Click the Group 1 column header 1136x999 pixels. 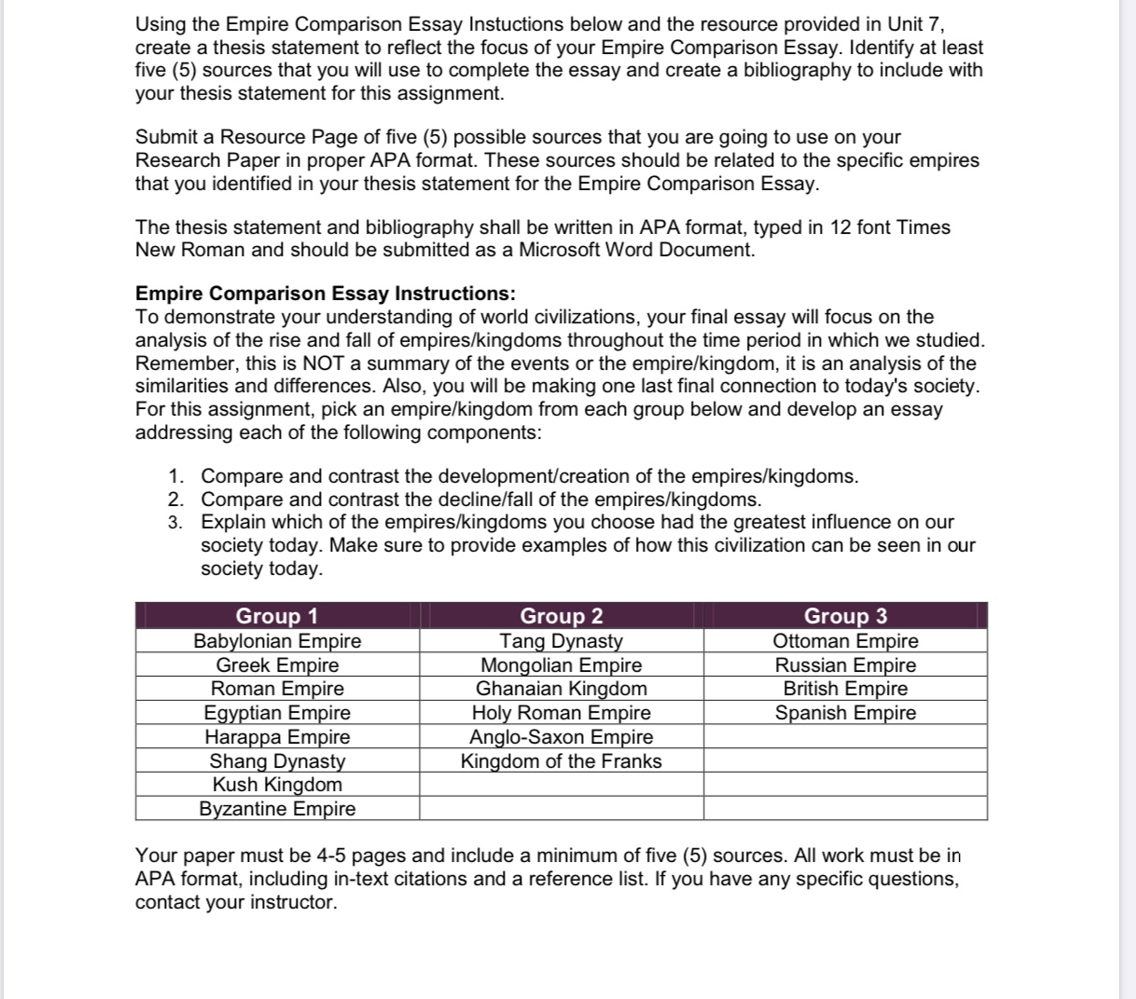(x=277, y=616)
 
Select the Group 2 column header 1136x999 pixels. (x=561, y=616)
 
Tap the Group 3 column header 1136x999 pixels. (x=846, y=616)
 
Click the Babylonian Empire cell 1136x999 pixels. (x=277, y=641)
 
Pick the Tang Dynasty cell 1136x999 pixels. (x=561, y=641)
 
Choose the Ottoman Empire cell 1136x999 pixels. (x=846, y=641)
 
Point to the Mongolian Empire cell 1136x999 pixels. (x=561, y=665)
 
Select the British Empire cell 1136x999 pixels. (x=846, y=689)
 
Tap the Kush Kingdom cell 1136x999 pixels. (x=277, y=785)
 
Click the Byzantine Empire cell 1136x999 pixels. (x=277, y=809)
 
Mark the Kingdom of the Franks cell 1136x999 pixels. (x=561, y=761)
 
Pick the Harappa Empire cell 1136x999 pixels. (x=277, y=737)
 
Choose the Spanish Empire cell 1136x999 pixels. (x=846, y=713)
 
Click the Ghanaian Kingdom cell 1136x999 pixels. (x=561, y=689)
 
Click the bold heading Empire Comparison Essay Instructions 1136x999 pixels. (x=326, y=294)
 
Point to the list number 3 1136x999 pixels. (x=175, y=523)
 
